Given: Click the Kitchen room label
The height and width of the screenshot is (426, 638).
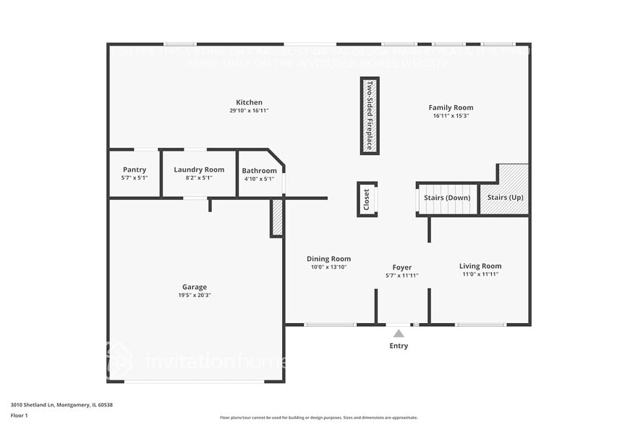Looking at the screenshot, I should (x=249, y=102).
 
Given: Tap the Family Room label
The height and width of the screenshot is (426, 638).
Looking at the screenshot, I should (x=451, y=107).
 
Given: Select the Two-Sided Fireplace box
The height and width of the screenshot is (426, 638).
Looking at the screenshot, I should (x=370, y=115).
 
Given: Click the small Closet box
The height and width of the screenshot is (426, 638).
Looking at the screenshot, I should (x=367, y=199).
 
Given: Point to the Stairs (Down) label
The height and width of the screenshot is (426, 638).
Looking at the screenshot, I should (x=447, y=197).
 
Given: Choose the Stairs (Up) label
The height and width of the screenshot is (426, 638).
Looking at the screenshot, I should (x=506, y=197).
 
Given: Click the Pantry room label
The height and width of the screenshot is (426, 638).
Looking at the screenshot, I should (x=135, y=170).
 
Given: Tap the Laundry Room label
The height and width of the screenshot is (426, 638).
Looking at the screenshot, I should (x=199, y=170).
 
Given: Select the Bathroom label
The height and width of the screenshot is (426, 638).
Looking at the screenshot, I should (x=259, y=171).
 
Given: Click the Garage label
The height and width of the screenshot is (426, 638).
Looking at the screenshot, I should (x=195, y=287).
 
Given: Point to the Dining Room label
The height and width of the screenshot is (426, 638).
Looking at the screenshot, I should (x=329, y=259).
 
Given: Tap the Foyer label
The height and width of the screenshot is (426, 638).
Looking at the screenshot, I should (x=402, y=267).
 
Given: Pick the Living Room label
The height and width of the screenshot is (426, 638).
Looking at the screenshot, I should (x=480, y=266).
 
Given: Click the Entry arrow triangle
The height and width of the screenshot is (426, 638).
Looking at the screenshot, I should (x=399, y=333).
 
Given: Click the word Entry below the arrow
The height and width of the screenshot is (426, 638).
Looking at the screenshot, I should (x=399, y=346).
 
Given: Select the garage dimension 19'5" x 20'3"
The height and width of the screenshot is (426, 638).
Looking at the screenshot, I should (x=195, y=295).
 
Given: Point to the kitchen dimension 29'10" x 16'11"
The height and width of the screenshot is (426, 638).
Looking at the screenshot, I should (x=249, y=111).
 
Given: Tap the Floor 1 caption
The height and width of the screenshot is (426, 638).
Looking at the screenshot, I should (x=19, y=415).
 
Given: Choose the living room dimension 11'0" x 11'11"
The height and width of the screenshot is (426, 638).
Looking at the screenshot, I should (x=480, y=275).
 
